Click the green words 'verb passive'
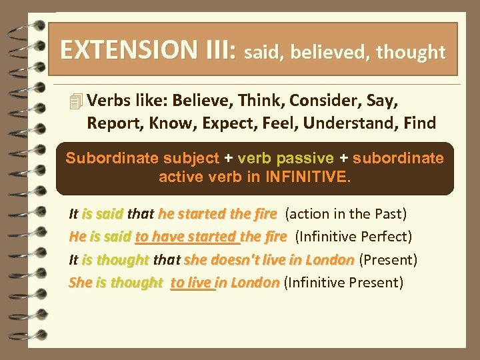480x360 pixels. (x=285, y=159)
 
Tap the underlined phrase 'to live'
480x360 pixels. (x=193, y=283)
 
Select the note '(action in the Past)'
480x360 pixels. (x=346, y=214)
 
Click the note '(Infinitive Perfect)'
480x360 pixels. (x=354, y=237)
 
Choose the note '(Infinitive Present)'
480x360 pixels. (x=343, y=283)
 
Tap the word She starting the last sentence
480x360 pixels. (x=79, y=283)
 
